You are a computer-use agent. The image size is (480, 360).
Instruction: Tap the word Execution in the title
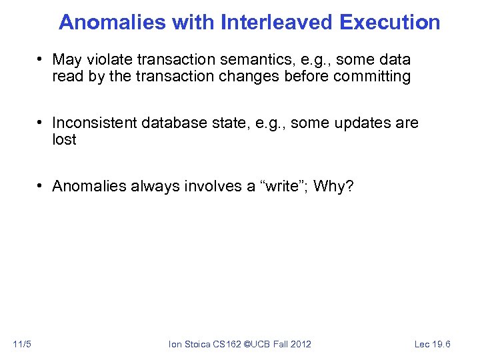coord(389,22)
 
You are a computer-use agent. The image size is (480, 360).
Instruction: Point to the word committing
coord(372,76)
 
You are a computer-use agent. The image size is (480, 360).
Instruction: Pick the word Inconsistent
coord(95,123)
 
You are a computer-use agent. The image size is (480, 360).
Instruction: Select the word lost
coord(64,139)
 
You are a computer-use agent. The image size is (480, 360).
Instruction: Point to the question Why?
coord(333,186)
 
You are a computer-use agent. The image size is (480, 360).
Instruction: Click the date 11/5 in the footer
coord(22,344)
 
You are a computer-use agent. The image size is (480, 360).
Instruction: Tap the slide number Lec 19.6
coord(433,344)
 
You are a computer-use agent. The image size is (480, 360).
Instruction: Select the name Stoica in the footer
coord(197,344)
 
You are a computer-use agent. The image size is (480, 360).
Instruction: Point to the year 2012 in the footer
coord(300,344)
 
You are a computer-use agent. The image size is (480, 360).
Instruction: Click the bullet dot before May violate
coord(41,60)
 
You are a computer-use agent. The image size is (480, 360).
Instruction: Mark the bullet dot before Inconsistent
coord(41,123)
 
